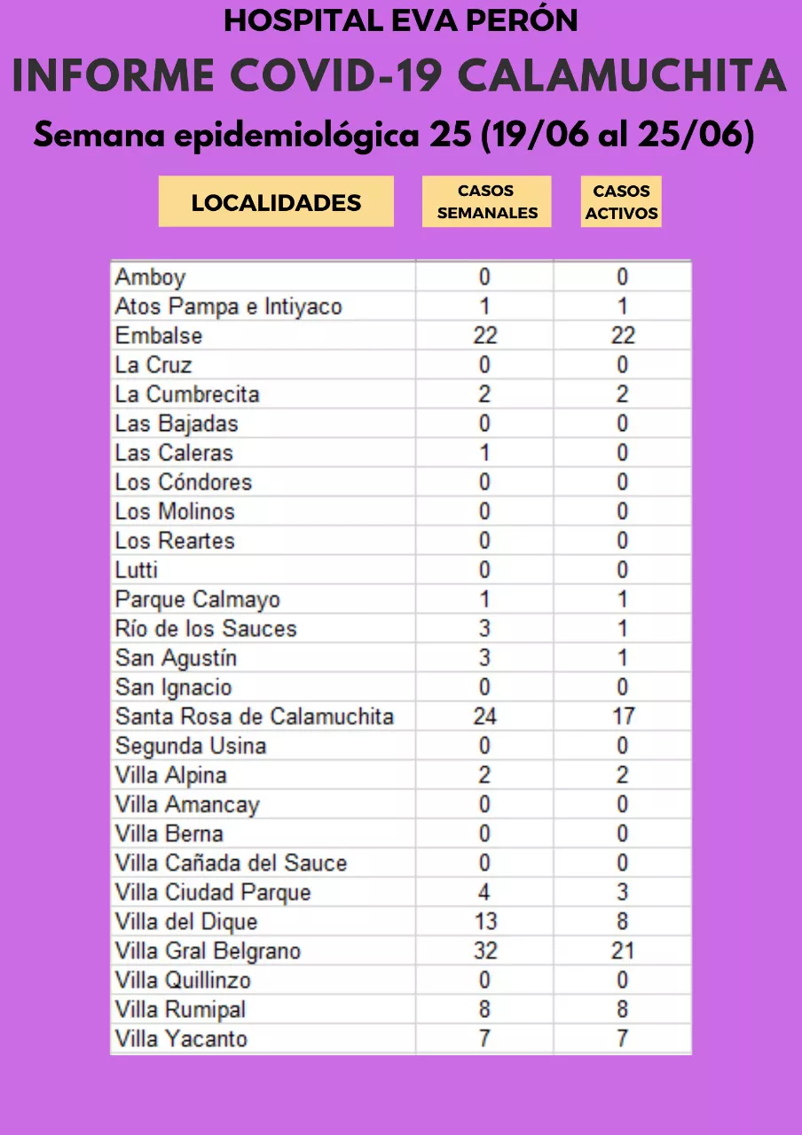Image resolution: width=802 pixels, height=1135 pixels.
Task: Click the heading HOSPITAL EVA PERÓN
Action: click(x=400, y=20)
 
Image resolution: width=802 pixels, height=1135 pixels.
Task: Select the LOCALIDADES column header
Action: click(x=276, y=202)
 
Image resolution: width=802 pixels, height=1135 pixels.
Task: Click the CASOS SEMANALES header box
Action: click(x=486, y=202)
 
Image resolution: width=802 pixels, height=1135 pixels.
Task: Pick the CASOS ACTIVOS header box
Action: click(x=621, y=202)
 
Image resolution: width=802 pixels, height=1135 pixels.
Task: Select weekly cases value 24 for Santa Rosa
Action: click(x=484, y=716)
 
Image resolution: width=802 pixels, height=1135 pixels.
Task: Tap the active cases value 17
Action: click(x=623, y=716)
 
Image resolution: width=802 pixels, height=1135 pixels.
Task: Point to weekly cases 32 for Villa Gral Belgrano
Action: click(x=484, y=951)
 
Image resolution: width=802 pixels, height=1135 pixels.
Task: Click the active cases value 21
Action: click(x=623, y=951)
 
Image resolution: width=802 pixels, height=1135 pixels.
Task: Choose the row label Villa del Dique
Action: click(x=186, y=921)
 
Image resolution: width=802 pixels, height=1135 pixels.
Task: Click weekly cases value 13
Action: click(x=484, y=921)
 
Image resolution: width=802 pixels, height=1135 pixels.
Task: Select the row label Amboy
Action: click(x=150, y=278)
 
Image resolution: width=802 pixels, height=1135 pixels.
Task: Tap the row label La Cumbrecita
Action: click(x=187, y=395)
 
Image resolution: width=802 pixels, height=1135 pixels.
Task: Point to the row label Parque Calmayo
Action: click(x=197, y=599)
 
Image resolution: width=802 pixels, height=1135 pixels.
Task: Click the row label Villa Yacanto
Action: click(x=181, y=1038)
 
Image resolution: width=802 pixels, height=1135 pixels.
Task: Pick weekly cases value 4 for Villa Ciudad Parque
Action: click(x=484, y=892)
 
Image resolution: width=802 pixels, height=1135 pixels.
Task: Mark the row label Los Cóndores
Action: click(x=184, y=482)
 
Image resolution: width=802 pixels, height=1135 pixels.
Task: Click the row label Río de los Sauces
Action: click(x=206, y=629)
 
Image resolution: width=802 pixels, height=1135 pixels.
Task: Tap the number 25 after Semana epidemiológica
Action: click(x=451, y=137)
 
